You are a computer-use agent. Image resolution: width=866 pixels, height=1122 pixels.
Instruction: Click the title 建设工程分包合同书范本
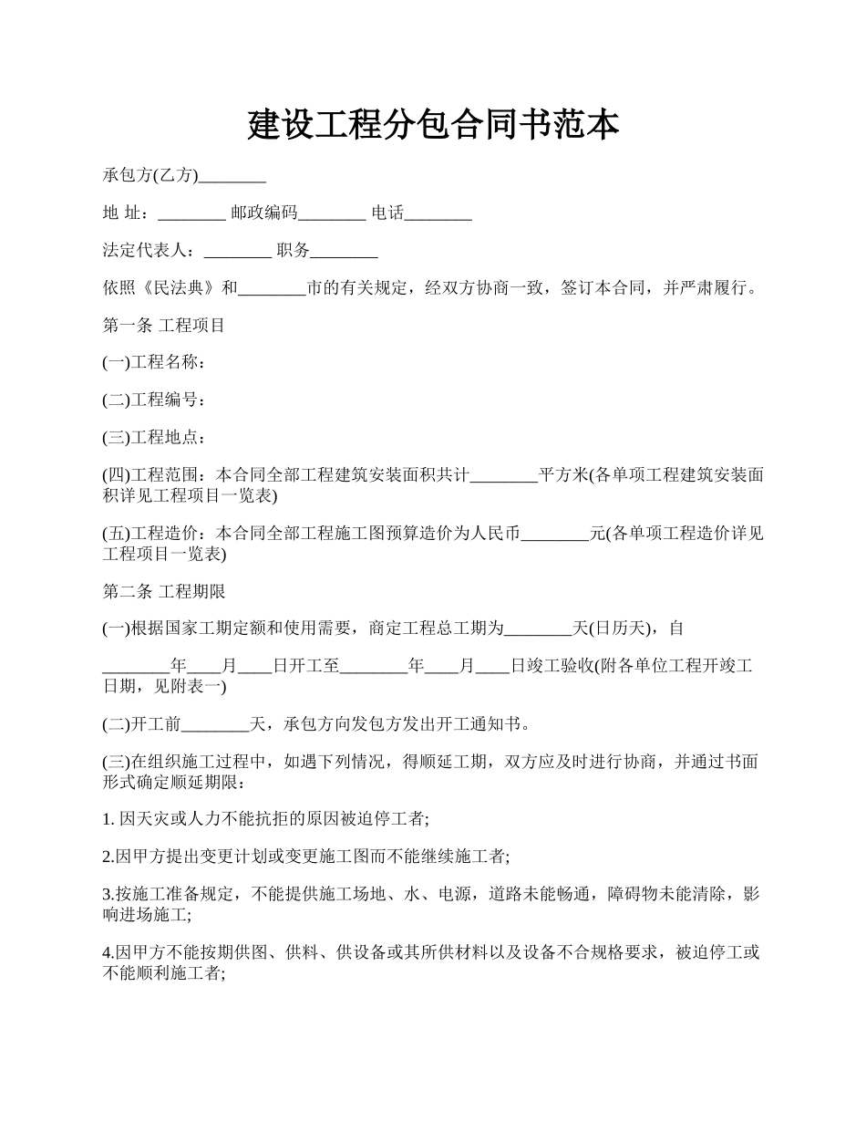click(x=433, y=125)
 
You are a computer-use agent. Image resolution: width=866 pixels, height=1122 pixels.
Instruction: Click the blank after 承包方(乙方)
click(x=232, y=177)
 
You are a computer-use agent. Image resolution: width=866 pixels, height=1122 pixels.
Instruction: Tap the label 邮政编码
click(x=264, y=214)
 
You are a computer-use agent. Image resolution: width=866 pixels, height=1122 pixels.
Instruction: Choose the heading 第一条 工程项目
click(x=163, y=326)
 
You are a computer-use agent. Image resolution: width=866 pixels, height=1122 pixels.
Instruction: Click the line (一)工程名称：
click(x=154, y=363)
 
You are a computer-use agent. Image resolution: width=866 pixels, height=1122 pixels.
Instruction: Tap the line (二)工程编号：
click(x=154, y=400)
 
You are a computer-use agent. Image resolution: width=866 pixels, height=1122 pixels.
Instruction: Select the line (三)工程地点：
click(x=154, y=437)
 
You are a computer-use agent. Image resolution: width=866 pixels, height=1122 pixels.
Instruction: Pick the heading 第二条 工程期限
click(x=163, y=591)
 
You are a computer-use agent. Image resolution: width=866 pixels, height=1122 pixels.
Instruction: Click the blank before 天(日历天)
click(x=538, y=629)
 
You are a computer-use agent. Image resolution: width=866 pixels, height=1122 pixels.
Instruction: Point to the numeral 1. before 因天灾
click(x=108, y=820)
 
